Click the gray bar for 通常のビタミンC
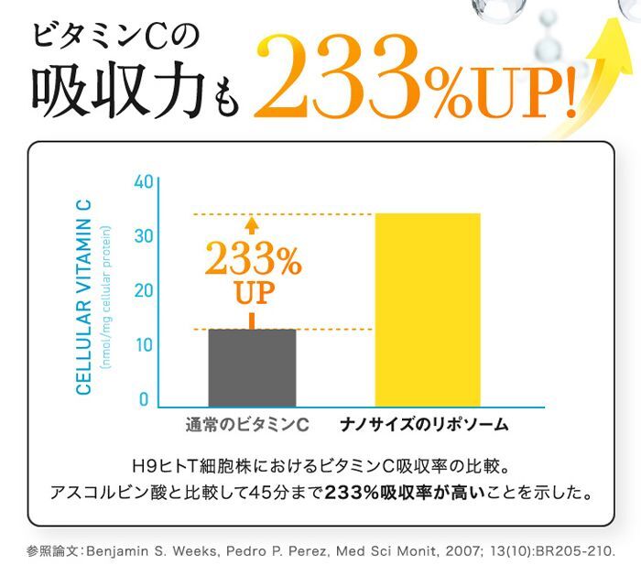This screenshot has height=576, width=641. (253, 367)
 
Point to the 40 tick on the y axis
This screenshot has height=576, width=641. (142, 181)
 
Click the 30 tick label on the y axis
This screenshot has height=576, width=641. (142, 236)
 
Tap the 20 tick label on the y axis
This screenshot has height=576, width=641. (142, 291)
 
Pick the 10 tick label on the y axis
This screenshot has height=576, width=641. (142, 345)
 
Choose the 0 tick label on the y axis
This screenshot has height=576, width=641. (145, 400)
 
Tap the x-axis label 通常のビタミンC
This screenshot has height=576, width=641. (247, 425)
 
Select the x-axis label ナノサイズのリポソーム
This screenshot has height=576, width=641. (424, 425)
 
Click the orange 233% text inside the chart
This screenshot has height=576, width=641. (253, 262)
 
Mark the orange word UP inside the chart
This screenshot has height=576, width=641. (253, 295)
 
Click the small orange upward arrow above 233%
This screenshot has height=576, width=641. (253, 225)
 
